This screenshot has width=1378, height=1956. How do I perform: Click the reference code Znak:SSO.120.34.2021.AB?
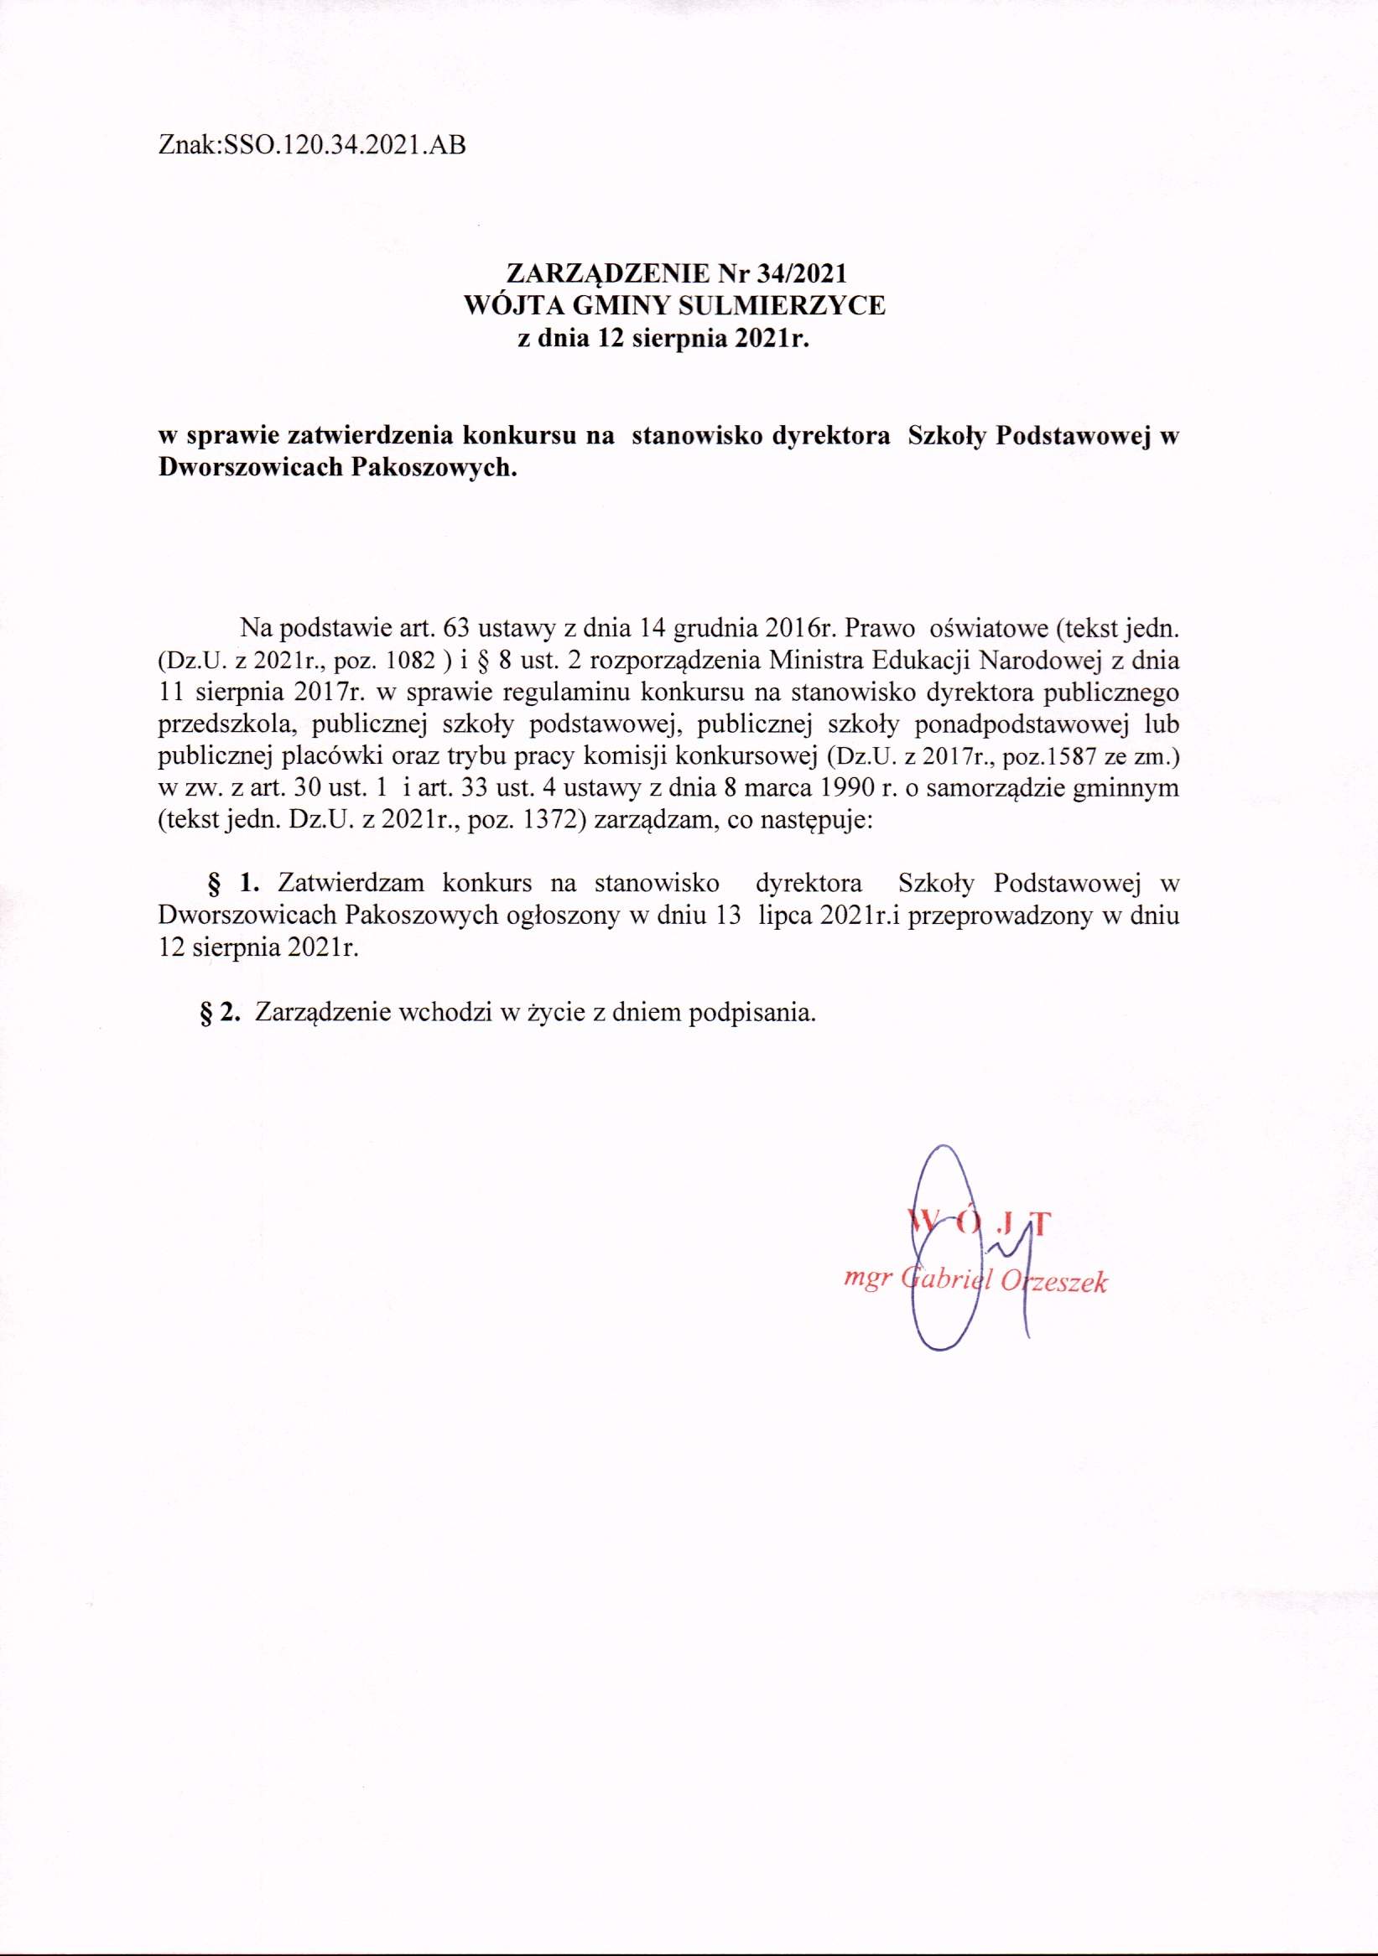312,146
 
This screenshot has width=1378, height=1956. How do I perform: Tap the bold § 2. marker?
220,1012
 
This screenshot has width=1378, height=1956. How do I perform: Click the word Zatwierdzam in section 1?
351,883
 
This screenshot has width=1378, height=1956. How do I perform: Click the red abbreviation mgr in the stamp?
861,1278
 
